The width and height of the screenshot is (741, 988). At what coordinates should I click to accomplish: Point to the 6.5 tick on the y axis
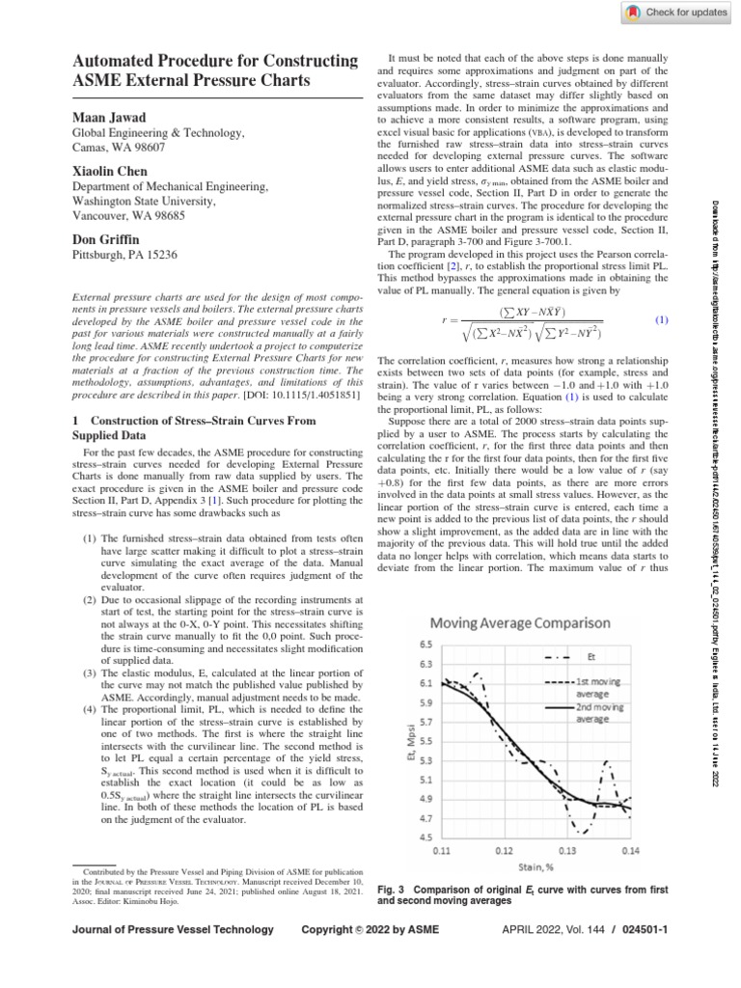425,644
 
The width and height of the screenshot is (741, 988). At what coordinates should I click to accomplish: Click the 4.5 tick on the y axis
425,837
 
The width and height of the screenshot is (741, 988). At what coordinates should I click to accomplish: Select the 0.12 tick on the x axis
504,852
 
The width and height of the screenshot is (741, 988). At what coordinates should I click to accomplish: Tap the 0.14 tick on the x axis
629,852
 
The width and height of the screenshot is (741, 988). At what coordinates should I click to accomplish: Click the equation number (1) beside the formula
662,319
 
